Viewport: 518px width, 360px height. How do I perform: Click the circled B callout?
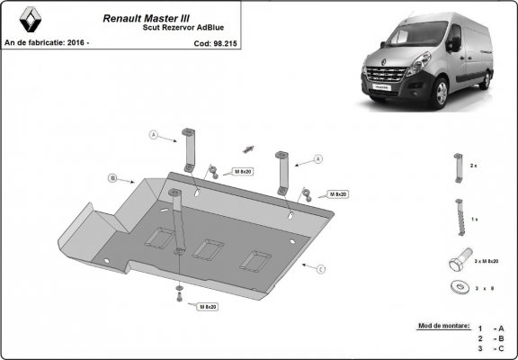click(x=112, y=178)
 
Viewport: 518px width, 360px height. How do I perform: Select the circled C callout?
click(x=321, y=267)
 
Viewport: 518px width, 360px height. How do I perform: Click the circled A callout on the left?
click(x=153, y=136)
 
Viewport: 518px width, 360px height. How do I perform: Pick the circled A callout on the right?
click(x=317, y=159)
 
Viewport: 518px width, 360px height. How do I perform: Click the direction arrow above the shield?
click(x=249, y=147)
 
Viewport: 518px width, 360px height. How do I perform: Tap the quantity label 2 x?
click(x=474, y=166)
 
